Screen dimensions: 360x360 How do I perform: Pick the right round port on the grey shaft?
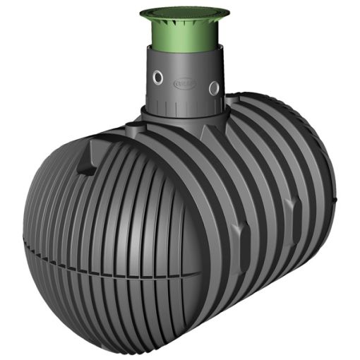click(x=213, y=86)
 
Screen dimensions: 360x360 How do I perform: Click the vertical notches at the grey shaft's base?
click(x=185, y=103)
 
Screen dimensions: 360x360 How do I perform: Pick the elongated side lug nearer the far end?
click(x=289, y=205)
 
